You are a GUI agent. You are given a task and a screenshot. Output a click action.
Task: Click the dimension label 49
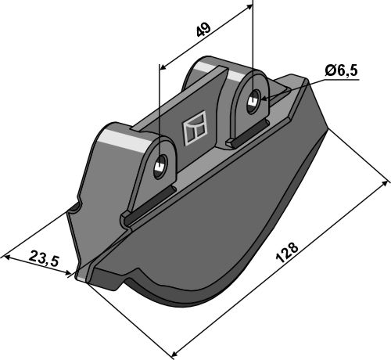pos(203,30)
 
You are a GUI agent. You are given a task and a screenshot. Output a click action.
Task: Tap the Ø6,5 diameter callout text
pos(341,70)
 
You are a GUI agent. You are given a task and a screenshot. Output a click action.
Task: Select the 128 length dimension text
pos(287,252)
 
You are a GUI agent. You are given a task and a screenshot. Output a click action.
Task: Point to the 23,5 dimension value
pos(44,258)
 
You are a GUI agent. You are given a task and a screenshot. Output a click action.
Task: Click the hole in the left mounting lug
pos(160,167)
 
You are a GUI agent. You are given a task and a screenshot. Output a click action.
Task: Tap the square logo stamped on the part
pos(195,128)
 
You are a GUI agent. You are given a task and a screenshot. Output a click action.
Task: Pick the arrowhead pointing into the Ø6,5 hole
pos(264,99)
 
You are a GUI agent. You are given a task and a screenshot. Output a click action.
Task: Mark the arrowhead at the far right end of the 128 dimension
pos(385,183)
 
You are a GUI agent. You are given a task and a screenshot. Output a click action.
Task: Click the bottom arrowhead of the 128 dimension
pos(174,355)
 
